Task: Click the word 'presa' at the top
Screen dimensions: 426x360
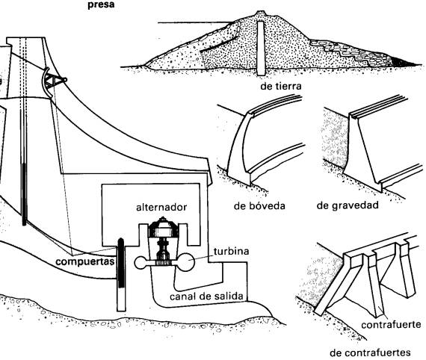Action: [101, 5]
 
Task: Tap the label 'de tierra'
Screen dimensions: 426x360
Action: [281, 86]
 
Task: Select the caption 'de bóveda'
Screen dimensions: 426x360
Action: [259, 206]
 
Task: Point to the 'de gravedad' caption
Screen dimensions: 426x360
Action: [348, 205]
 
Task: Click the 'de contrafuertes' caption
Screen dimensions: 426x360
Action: [370, 353]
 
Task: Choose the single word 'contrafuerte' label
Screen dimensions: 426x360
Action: [391, 324]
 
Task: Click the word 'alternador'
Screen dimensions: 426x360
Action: [161, 207]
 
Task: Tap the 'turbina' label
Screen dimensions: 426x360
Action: [231, 251]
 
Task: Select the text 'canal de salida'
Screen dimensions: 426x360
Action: [206, 297]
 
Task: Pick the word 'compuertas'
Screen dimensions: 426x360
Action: [84, 261]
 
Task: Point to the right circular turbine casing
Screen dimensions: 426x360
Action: [186, 261]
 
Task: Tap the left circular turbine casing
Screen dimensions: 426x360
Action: [141, 263]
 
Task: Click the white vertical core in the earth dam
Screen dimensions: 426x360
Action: [261, 49]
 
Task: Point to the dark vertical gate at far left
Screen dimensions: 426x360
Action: [24, 194]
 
